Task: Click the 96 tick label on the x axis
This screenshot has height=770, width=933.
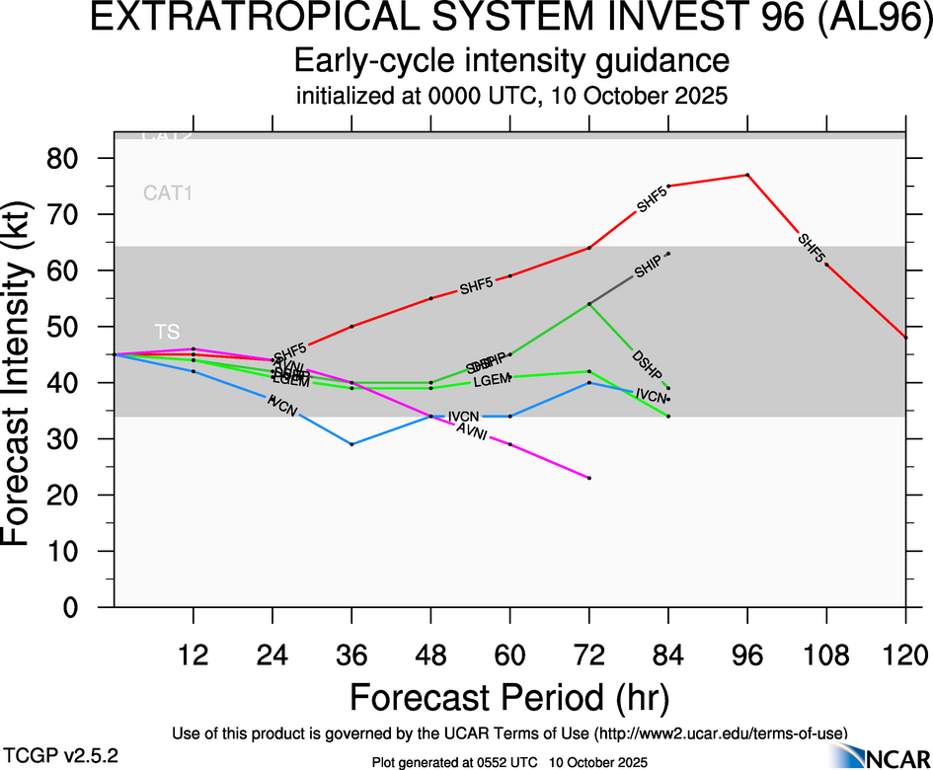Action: coord(747,653)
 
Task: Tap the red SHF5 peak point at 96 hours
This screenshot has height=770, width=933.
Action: coord(747,175)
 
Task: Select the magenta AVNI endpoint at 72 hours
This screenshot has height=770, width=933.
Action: coord(589,478)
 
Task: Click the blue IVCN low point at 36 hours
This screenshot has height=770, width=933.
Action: coord(351,444)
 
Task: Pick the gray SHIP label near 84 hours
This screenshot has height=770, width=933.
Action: coord(648,267)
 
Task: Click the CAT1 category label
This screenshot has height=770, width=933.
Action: coord(167,193)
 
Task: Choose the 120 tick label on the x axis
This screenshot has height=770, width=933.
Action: coord(905,653)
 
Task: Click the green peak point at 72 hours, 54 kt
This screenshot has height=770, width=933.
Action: coord(589,304)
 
